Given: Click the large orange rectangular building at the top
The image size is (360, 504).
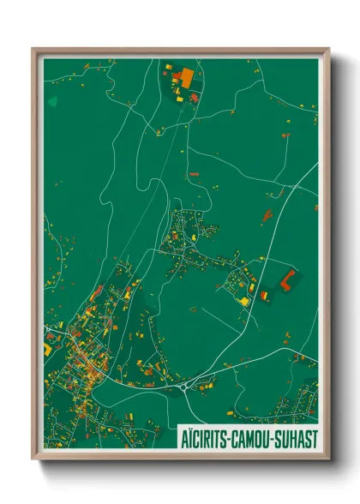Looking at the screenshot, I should [x=184, y=77].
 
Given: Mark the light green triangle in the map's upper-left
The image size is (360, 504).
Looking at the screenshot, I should [x=52, y=101].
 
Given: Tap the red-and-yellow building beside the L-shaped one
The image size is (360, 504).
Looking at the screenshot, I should [x=264, y=296].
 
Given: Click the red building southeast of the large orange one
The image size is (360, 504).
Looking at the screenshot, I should [x=195, y=98].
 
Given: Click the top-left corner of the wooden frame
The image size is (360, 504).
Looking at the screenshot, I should [x=33, y=49].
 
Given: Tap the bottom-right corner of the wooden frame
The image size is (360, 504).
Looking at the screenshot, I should [x=328, y=459].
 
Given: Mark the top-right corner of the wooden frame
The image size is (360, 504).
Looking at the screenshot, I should [x=328, y=49].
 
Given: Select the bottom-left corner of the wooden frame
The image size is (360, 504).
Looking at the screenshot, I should [x=33, y=459].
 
